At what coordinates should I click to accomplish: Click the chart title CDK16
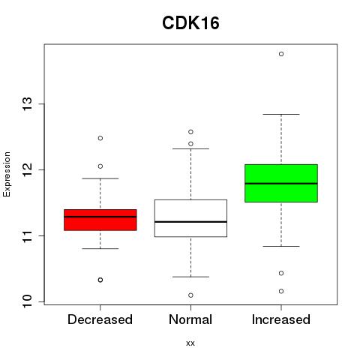point(190,23)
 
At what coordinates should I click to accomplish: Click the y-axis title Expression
point(7,174)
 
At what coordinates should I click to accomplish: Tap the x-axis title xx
point(190,343)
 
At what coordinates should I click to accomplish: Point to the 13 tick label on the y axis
point(28,104)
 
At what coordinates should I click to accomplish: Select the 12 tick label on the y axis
point(28,169)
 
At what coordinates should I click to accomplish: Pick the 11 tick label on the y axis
point(28,235)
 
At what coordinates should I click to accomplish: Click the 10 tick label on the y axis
point(28,301)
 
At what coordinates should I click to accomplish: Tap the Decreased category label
point(100,319)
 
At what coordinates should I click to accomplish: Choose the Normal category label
point(190,319)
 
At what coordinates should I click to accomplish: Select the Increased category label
point(281,319)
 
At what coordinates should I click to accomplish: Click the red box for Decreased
point(100,220)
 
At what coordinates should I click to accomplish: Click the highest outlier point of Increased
point(281,54)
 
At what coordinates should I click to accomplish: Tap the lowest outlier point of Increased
point(281,291)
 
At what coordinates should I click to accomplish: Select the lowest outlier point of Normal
point(190,295)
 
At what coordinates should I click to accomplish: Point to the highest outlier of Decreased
point(100,138)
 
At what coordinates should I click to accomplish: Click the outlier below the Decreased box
point(100,280)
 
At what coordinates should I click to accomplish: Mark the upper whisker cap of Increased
point(281,114)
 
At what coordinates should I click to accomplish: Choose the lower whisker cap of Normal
point(190,277)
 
